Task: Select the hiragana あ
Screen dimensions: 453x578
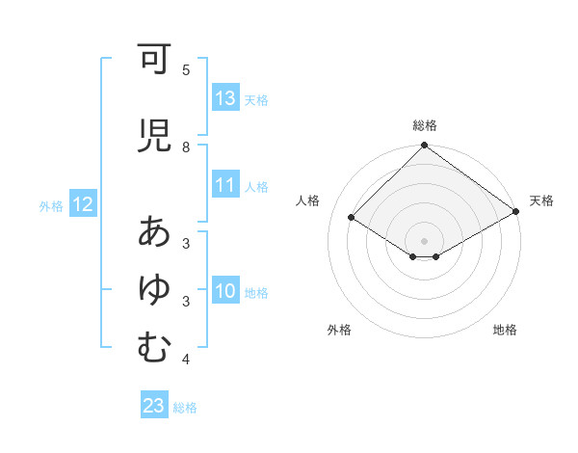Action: tap(153, 232)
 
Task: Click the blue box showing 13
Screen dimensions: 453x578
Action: tap(225, 98)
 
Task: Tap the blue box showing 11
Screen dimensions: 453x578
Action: tap(225, 185)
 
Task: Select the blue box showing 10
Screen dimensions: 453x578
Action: tap(225, 291)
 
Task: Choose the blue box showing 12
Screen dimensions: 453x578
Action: tap(82, 204)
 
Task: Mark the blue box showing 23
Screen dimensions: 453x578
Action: tap(154, 406)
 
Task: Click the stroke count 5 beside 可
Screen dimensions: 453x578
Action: tap(186, 69)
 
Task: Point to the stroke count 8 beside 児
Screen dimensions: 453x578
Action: tap(186, 147)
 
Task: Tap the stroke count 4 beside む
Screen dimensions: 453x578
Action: tap(186, 360)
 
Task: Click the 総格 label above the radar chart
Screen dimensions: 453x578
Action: tap(425, 125)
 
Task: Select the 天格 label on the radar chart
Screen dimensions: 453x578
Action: tap(541, 200)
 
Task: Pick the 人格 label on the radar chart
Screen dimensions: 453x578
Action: tap(308, 200)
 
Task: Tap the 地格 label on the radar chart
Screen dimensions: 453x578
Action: tap(505, 330)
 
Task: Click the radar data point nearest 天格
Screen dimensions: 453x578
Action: tap(516, 212)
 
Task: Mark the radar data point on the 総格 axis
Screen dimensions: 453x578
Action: tap(425, 147)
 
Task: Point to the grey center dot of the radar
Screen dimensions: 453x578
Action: tap(425, 240)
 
